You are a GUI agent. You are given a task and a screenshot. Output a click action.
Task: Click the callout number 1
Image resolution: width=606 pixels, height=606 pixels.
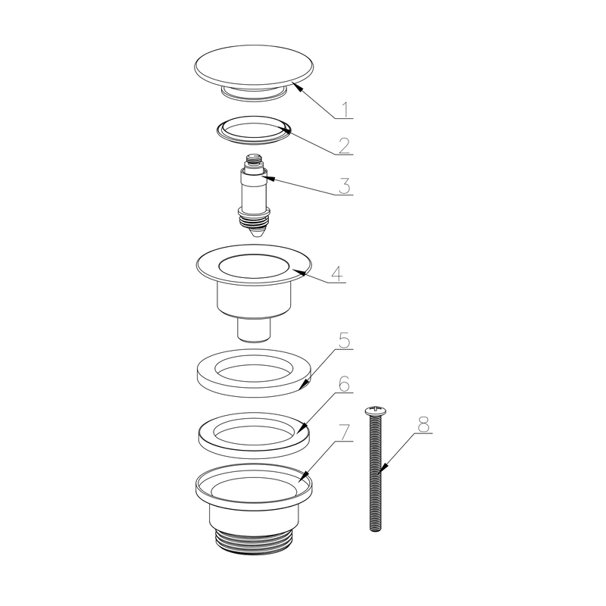(346, 110)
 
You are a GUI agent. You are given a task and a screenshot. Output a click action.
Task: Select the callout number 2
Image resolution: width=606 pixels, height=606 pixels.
(345, 145)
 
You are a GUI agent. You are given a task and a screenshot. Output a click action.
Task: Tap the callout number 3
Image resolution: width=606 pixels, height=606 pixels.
(345, 186)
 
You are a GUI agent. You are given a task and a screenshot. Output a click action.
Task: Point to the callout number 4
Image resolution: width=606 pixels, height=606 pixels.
(337, 274)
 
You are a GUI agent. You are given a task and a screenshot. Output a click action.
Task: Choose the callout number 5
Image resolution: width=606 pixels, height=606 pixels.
(344, 340)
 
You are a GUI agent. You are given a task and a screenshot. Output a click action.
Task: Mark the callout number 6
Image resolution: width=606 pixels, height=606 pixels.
(344, 384)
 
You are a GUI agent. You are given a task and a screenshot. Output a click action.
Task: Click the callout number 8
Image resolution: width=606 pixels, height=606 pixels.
(423, 424)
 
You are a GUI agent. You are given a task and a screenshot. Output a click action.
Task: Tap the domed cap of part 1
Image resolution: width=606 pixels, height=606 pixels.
(254, 67)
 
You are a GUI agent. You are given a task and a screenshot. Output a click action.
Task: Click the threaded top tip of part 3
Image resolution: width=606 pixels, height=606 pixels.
(253, 158)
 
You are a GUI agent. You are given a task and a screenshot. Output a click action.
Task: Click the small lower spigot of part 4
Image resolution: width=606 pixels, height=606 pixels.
(254, 330)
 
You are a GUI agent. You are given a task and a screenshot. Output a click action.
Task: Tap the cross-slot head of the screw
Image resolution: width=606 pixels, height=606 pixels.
(375, 411)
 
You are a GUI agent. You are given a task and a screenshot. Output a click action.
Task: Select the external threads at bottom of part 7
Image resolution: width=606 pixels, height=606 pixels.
(254, 542)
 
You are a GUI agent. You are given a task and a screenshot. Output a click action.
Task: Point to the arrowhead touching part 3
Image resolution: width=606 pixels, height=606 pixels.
(268, 178)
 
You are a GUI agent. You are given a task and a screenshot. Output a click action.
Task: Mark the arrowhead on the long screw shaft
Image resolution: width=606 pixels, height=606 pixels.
(381, 469)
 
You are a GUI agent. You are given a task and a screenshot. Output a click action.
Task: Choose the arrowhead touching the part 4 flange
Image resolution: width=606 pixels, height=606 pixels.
(298, 273)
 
